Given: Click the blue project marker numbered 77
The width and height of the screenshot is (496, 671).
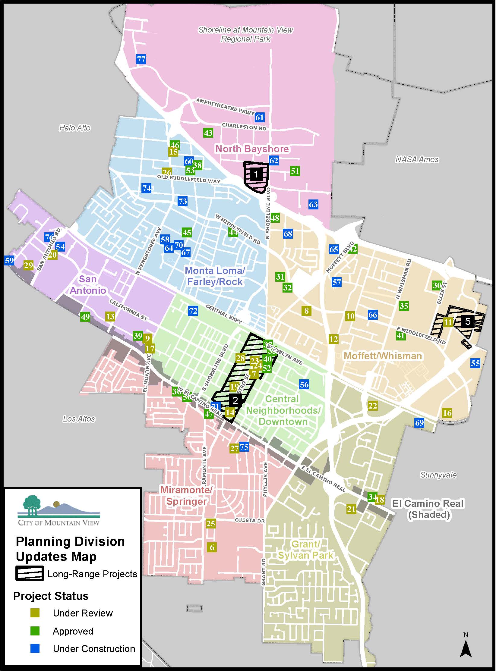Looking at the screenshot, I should (x=141, y=59).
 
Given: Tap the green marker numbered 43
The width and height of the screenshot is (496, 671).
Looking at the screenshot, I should (x=208, y=133).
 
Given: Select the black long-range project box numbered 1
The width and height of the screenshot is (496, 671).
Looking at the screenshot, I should (x=256, y=174).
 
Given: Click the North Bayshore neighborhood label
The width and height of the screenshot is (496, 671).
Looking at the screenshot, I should (x=252, y=149).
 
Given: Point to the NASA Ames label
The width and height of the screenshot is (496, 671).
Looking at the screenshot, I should (x=417, y=159).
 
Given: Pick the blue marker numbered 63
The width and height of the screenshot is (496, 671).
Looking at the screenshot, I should (x=313, y=205).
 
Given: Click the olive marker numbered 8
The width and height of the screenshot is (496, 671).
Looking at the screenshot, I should (x=306, y=311).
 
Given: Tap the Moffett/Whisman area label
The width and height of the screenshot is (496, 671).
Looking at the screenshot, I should (x=383, y=356).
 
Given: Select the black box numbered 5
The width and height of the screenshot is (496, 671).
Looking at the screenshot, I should (x=468, y=321).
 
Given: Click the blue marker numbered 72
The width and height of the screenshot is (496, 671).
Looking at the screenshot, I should (x=193, y=311).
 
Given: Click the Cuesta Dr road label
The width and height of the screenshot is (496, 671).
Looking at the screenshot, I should (x=249, y=520).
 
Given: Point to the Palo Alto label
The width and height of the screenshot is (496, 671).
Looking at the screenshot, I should (x=75, y=128).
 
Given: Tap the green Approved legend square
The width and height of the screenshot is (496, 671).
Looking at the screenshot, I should (x=35, y=631).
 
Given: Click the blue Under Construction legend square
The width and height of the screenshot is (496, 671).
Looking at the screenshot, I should (x=35, y=648).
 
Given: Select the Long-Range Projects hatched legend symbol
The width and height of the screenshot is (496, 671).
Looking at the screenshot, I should (x=29, y=574).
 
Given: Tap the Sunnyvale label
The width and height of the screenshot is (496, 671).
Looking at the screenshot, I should (x=438, y=475).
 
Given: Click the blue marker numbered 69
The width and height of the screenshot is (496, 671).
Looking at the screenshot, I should (x=419, y=423).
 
